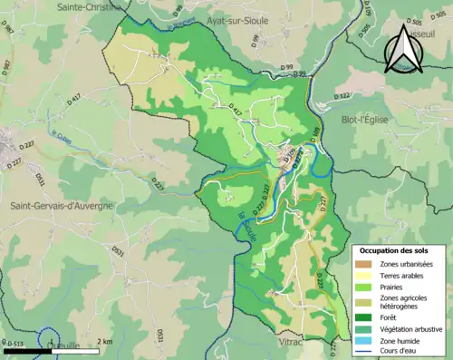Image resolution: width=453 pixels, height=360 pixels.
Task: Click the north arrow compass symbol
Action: [404, 49]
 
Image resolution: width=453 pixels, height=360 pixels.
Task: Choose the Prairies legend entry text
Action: [397, 287]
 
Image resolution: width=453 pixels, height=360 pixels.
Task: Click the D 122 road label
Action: [342, 95]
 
